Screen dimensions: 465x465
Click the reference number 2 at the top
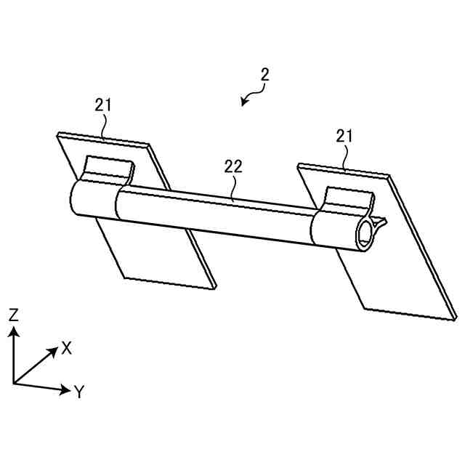(x=265, y=74)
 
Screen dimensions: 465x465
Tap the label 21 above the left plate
(x=103, y=105)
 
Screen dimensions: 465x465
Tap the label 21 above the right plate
(x=344, y=136)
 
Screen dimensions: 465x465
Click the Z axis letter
(x=13, y=314)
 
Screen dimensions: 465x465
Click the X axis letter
(x=67, y=348)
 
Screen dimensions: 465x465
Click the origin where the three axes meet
(x=14, y=383)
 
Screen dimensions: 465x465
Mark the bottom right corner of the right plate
(x=456, y=318)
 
